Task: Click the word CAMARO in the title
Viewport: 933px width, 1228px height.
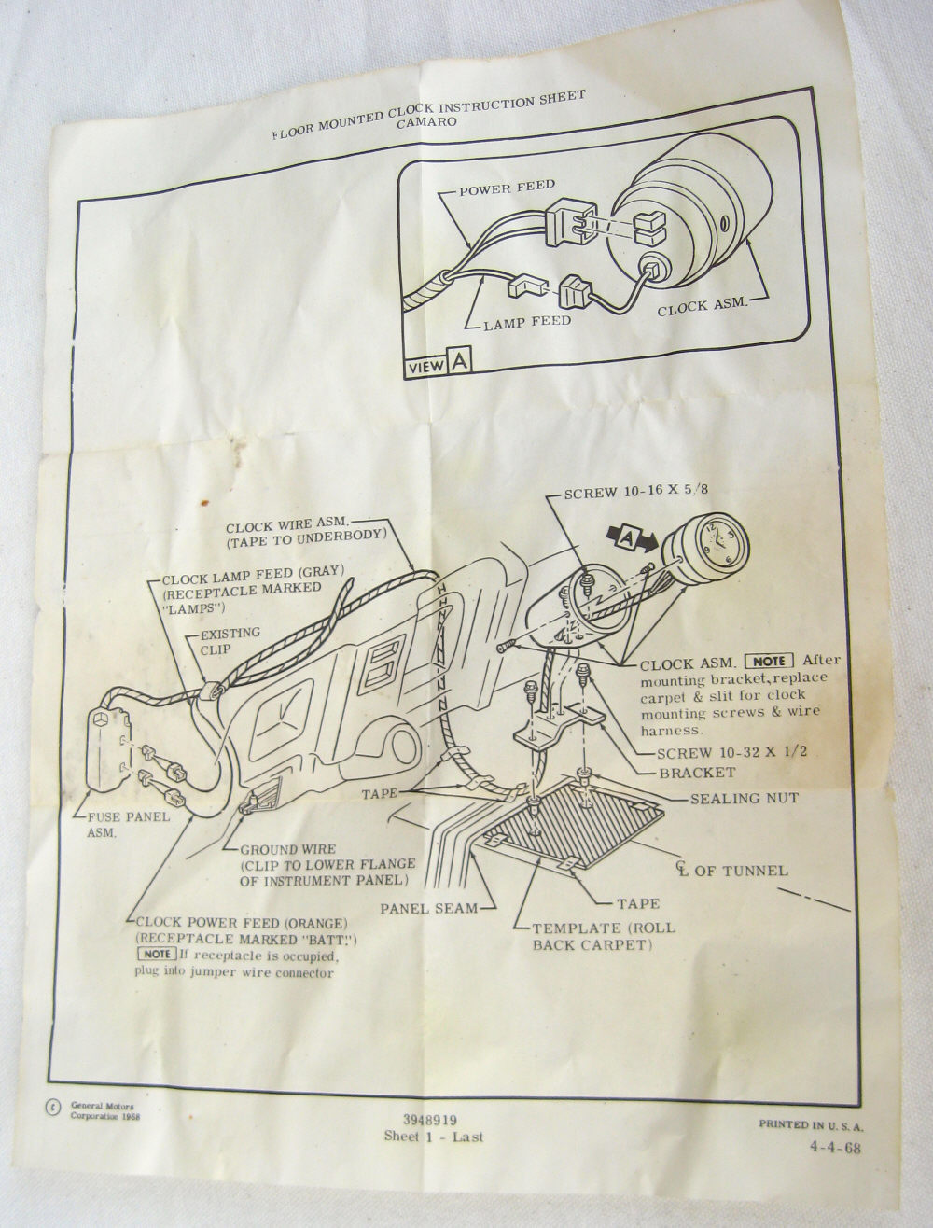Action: (x=426, y=121)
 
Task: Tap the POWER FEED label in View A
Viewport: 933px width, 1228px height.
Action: (x=507, y=188)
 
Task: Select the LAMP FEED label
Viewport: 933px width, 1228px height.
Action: (x=527, y=322)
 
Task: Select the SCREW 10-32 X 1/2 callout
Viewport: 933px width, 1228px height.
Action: (x=731, y=752)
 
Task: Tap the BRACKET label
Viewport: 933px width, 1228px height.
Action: (x=697, y=773)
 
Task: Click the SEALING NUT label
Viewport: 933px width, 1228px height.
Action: (x=744, y=799)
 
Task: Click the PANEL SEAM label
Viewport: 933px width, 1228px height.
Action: (x=428, y=909)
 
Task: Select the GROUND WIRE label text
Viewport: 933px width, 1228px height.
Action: (x=288, y=849)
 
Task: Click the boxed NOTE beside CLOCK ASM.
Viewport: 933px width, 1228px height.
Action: (x=769, y=661)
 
